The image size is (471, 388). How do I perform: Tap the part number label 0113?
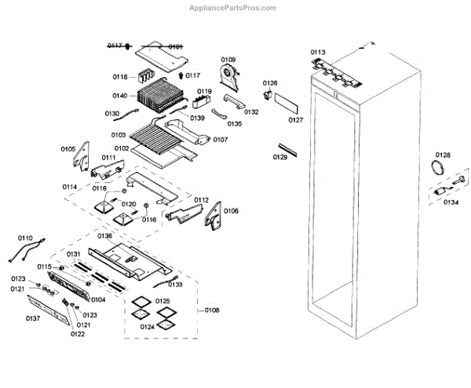(x=317, y=53)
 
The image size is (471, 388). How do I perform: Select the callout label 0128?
(x=443, y=156)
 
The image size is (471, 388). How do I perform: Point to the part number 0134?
(x=451, y=202)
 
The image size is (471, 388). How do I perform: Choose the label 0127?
(x=295, y=120)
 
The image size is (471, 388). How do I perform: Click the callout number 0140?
(x=121, y=96)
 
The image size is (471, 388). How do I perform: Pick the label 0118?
(x=120, y=77)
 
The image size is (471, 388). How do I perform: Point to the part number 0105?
(x=68, y=148)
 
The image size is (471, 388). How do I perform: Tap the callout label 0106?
(x=231, y=210)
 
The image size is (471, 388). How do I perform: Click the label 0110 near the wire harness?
(x=25, y=237)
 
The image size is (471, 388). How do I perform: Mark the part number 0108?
(x=212, y=310)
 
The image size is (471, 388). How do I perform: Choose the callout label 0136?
(x=104, y=236)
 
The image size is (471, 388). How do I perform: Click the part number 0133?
(x=175, y=284)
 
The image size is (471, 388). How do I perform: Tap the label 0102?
(x=121, y=148)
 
